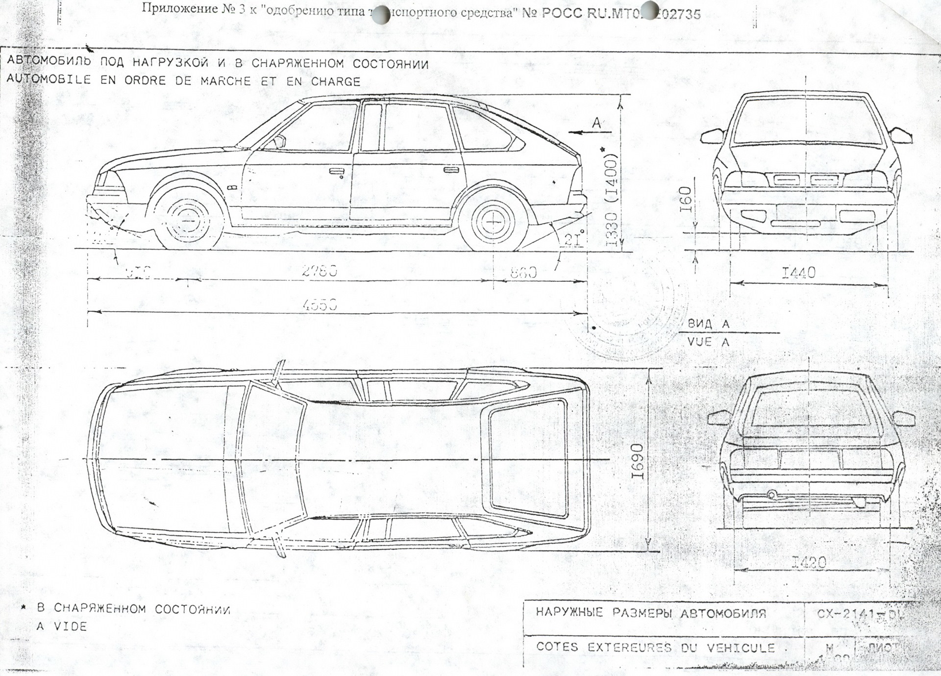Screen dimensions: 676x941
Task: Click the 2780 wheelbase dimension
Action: (x=320, y=271)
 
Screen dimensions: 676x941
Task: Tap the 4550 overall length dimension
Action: (x=320, y=305)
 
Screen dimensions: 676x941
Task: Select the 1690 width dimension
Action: (x=637, y=462)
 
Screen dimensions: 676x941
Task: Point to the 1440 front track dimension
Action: (x=798, y=273)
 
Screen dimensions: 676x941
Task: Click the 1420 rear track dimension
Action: (x=809, y=562)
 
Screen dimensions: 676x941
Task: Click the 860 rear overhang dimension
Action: (x=523, y=272)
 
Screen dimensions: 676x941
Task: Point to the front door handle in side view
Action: (x=336, y=171)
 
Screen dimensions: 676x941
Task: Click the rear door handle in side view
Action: (x=448, y=170)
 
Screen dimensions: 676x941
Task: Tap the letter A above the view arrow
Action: (x=596, y=123)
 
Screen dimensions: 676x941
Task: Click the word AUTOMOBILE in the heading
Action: (x=49, y=80)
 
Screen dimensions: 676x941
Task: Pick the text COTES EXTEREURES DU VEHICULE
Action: (x=655, y=647)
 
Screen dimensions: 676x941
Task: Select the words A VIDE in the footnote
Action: (x=62, y=626)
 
